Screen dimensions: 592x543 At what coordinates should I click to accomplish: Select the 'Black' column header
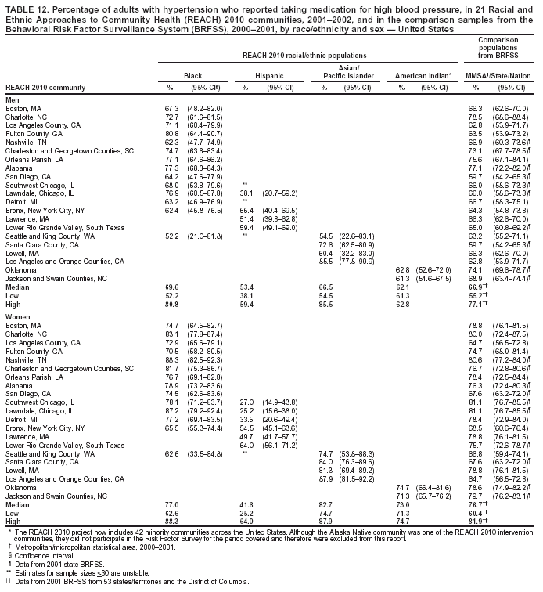(192, 75)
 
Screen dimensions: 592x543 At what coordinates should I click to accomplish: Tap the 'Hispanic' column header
(268, 75)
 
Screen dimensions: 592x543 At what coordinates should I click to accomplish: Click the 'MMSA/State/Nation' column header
(500, 75)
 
